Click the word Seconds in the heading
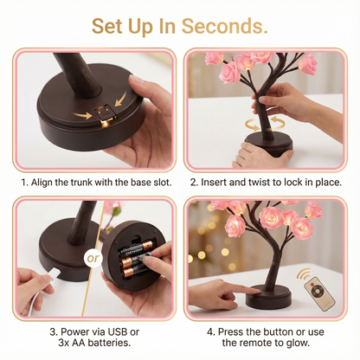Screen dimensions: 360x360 [x=224, y=26]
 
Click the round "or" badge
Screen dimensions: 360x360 [x=93, y=258]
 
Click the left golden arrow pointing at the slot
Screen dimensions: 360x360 [x=82, y=116]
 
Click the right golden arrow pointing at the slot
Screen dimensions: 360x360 [x=121, y=98]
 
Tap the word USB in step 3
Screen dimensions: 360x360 [x=118, y=331]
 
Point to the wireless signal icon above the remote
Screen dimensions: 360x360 [x=304, y=274]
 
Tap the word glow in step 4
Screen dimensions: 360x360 [x=299, y=343]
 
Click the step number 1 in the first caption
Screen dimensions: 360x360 [x=25, y=183]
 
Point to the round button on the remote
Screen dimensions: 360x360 [x=317, y=292]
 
